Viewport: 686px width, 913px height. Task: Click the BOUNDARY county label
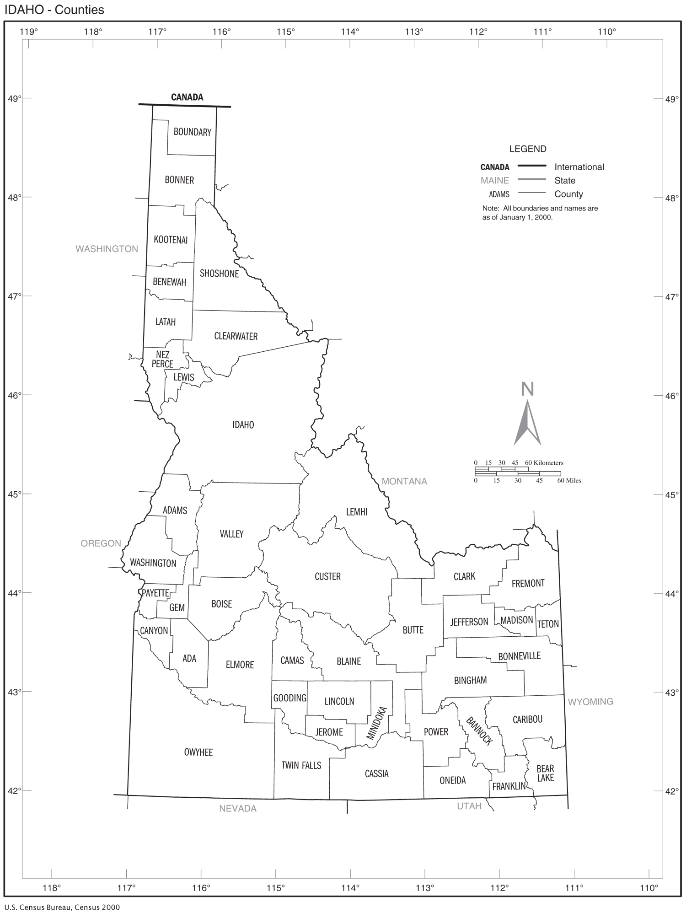[x=192, y=132]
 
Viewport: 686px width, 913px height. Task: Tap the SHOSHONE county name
[x=219, y=274]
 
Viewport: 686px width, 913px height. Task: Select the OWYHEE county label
[x=198, y=752]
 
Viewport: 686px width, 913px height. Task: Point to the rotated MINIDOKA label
[x=377, y=724]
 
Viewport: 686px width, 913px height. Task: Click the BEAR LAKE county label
[x=545, y=773]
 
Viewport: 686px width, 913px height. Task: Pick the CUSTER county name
[x=327, y=576]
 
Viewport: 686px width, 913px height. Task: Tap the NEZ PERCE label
[x=162, y=359]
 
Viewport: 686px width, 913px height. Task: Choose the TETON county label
[x=547, y=624]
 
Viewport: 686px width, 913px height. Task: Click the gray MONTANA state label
[x=404, y=481]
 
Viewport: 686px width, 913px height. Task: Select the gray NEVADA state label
[x=238, y=808]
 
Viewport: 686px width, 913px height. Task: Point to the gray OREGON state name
[x=101, y=543]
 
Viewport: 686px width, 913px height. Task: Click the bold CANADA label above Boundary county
[x=187, y=97]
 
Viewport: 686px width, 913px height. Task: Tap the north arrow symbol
[x=527, y=421]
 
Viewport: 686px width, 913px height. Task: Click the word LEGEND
[x=528, y=149]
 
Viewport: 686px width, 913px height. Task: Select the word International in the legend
[x=579, y=167]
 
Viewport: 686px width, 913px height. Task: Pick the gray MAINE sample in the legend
[x=494, y=181]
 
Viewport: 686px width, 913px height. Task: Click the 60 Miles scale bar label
[x=569, y=481]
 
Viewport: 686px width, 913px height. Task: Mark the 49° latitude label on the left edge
[x=15, y=98]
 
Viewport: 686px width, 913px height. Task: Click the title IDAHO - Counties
[x=54, y=10]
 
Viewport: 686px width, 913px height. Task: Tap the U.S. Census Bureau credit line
[x=62, y=907]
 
